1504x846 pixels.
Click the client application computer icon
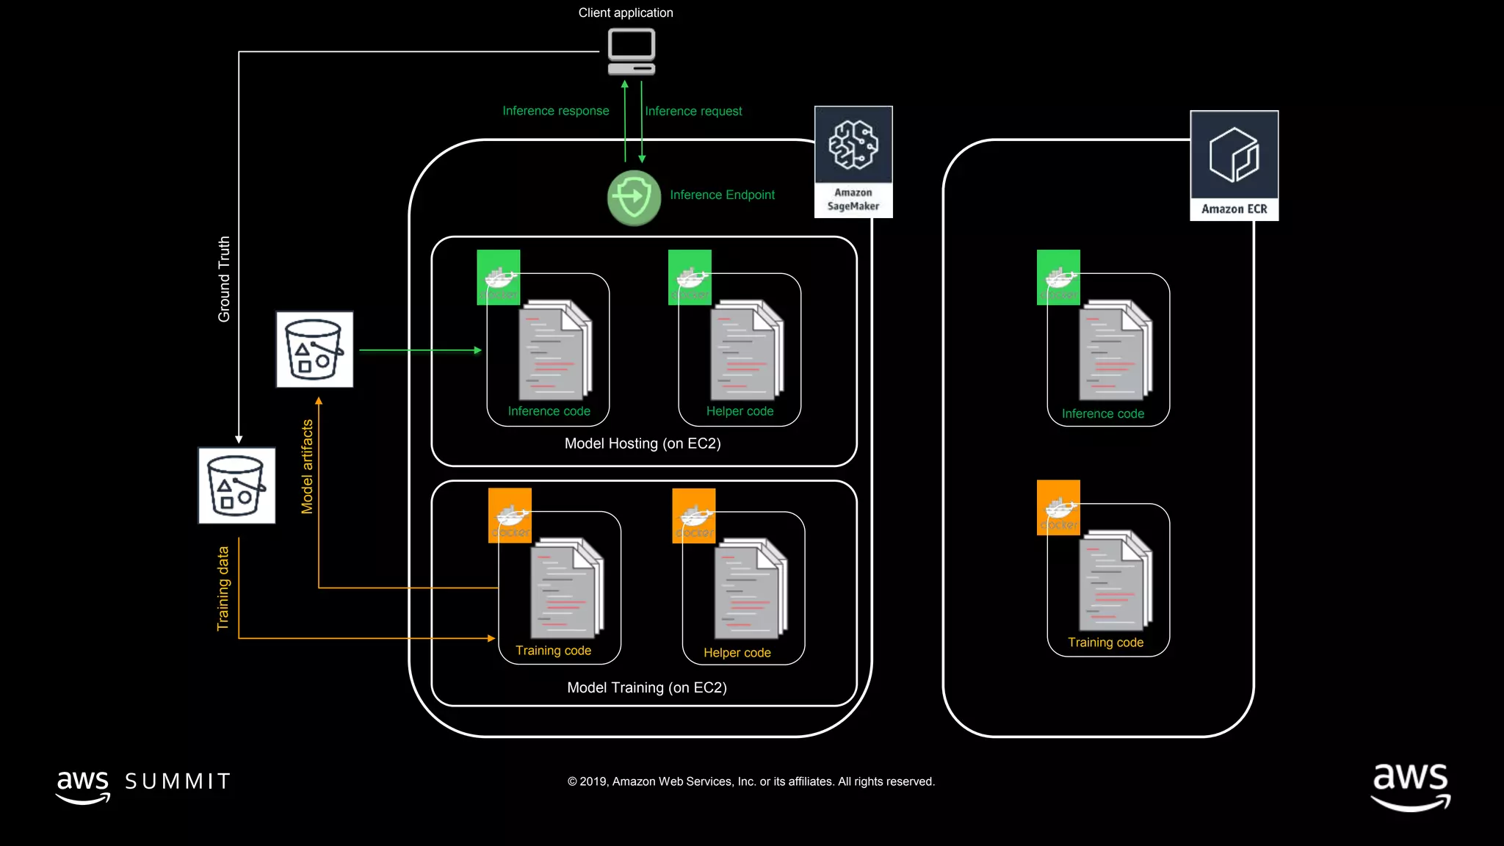tap(631, 51)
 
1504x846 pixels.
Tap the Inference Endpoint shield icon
tap(634, 198)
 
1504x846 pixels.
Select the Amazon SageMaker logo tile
tap(853, 162)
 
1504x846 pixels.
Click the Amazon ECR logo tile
tap(1234, 165)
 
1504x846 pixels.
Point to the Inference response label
tap(555, 111)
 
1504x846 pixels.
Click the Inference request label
tap(693, 111)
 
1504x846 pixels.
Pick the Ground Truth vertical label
tap(224, 279)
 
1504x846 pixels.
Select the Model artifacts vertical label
tap(307, 466)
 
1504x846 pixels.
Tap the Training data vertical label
tap(223, 588)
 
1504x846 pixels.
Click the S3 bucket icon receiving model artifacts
tap(314, 350)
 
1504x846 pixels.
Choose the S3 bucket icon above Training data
tap(236, 485)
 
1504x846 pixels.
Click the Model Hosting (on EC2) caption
tap(643, 444)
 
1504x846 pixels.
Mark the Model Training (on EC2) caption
tap(647, 687)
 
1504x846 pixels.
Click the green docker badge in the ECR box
tap(1058, 277)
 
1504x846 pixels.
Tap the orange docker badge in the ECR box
tap(1058, 507)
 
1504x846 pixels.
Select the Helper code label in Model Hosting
tap(740, 411)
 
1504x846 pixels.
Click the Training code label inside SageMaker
tap(553, 651)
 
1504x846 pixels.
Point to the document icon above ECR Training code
tap(1115, 580)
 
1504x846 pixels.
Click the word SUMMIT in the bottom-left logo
tap(178, 781)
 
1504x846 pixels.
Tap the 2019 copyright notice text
tap(751, 781)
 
